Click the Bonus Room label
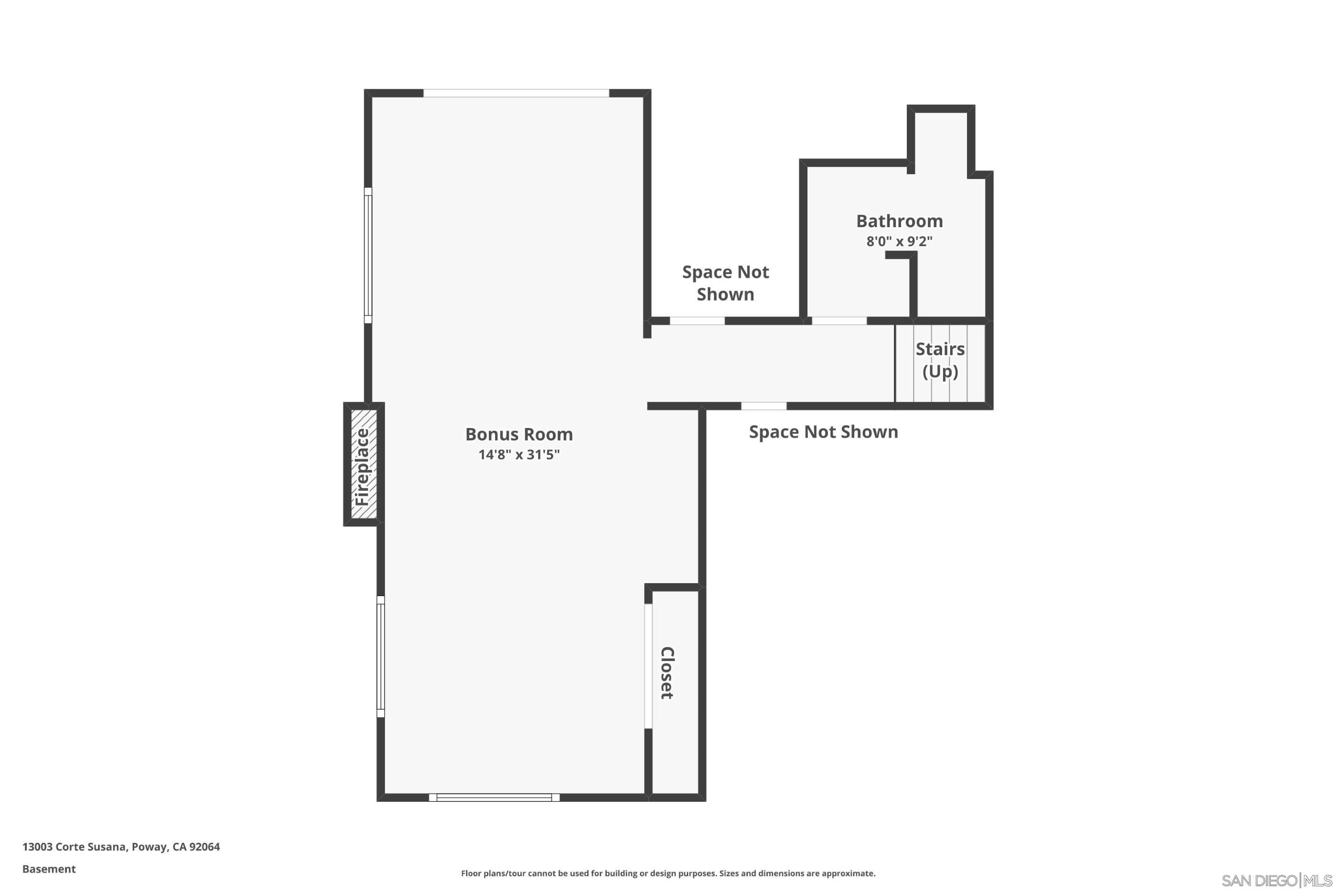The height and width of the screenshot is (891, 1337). pos(519,435)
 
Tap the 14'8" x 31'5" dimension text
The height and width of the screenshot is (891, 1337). pos(519,455)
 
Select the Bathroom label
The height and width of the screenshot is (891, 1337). pos(899,221)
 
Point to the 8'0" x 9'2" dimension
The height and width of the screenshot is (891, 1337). pos(899,241)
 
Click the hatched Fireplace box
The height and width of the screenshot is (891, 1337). pos(363,465)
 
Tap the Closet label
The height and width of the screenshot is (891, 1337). pos(667,673)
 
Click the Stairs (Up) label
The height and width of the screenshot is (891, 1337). pos(940,360)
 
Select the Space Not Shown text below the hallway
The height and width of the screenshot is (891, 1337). pos(823,432)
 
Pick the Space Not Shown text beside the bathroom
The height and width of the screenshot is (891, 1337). pos(725,283)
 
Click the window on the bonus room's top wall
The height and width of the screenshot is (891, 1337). pos(516,93)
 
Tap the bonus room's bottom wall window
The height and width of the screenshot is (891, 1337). pos(494,797)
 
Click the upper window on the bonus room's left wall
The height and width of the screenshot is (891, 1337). pos(368,255)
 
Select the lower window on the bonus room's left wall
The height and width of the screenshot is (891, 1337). pos(380,656)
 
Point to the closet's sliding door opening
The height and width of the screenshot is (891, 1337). pos(648,665)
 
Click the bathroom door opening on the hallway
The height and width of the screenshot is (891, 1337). pos(838,321)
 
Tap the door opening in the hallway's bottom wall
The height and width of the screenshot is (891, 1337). pos(764,406)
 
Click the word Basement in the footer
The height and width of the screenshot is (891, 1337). pos(49,869)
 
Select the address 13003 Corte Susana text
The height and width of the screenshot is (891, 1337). pos(120,847)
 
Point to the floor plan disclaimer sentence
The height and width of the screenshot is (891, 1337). pos(668,873)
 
